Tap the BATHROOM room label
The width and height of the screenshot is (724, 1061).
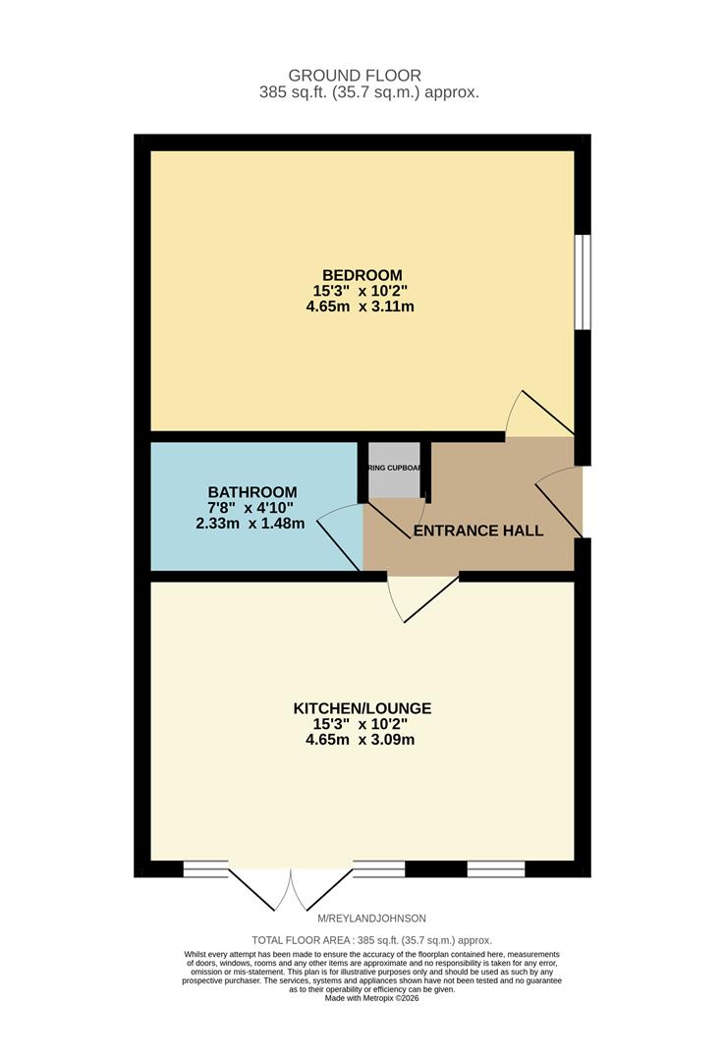(251, 491)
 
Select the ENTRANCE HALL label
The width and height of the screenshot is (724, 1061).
(478, 530)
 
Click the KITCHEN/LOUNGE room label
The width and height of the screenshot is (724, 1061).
(362, 708)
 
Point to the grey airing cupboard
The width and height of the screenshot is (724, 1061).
(394, 468)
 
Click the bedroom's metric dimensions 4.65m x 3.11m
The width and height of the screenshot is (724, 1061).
(362, 306)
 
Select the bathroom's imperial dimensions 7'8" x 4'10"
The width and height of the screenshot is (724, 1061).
(251, 508)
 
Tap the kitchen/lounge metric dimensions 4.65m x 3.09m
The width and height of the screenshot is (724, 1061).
(362, 740)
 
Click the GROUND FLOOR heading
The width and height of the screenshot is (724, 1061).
(355, 76)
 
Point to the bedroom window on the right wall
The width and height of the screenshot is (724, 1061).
(583, 281)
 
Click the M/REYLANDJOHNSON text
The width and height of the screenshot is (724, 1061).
(371, 919)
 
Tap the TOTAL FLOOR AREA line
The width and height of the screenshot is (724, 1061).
(371, 940)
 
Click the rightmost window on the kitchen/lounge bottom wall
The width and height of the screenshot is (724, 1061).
(496, 868)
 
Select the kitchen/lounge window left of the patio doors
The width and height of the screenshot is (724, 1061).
(205, 868)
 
